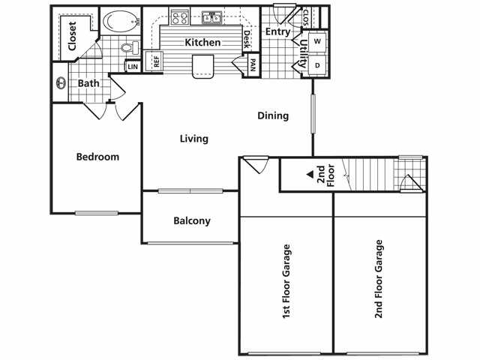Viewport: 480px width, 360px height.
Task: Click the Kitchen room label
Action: tap(202, 42)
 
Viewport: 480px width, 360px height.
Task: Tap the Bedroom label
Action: tap(98, 157)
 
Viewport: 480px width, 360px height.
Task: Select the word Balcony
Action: tap(192, 221)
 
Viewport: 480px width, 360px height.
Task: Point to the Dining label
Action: tap(273, 115)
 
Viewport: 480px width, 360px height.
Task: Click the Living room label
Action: tap(193, 139)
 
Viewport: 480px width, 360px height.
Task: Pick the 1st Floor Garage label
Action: tap(286, 282)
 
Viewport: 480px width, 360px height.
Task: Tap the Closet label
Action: tap(72, 36)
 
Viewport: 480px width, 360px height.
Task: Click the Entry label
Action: tap(277, 31)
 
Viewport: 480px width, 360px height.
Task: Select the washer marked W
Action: tap(317, 40)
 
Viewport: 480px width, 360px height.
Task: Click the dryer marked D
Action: tap(317, 65)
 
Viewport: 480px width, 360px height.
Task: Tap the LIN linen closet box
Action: tap(133, 67)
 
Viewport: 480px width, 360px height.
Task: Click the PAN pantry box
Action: tap(253, 65)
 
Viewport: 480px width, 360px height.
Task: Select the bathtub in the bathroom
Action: tap(117, 20)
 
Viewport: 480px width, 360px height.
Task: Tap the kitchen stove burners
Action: tap(179, 16)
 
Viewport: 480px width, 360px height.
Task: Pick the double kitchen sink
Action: tap(212, 17)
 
